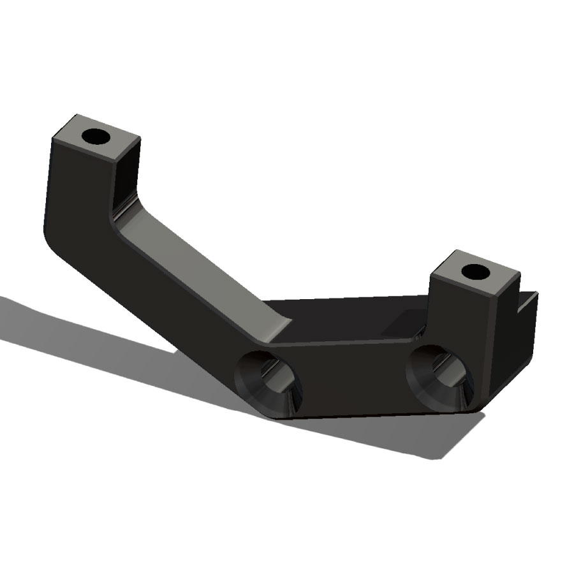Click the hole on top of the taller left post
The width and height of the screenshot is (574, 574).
tap(98, 136)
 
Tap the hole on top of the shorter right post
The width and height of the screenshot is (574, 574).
tap(475, 272)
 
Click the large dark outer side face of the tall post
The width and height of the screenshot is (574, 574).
tap(77, 191)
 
